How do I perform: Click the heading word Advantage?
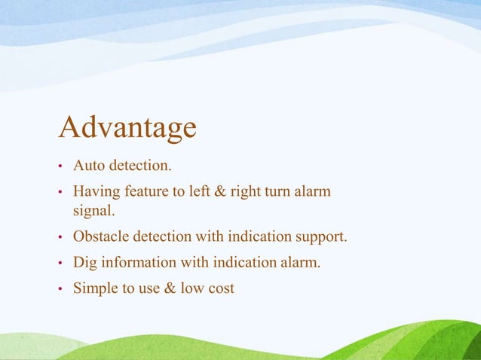click(127, 128)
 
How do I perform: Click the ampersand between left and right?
click(220, 192)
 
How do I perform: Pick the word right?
click(246, 192)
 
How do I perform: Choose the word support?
click(322, 237)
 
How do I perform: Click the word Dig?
click(85, 262)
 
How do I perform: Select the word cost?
click(222, 287)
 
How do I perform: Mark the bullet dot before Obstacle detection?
click(61, 238)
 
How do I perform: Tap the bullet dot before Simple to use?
click(61, 288)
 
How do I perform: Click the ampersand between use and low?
click(172, 287)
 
